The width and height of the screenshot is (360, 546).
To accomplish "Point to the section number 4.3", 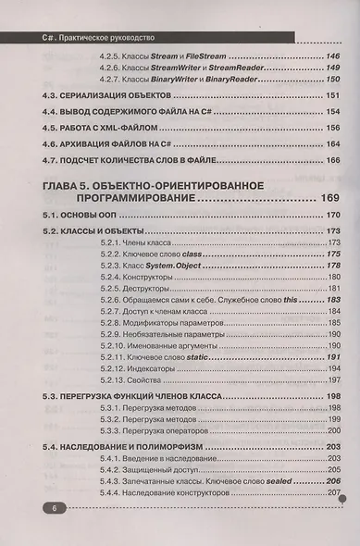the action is [54, 98].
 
